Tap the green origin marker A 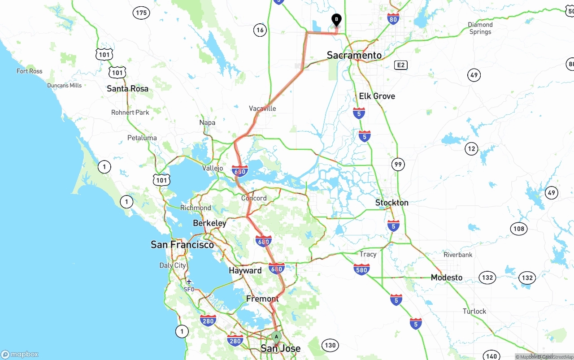click(x=277, y=337)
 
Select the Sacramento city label click(x=354, y=55)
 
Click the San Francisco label click(x=182, y=245)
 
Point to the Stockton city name click(x=391, y=203)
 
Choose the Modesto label click(x=446, y=278)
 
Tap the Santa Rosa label click(x=127, y=89)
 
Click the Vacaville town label click(x=262, y=108)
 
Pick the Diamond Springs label click(x=480, y=28)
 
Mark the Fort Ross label click(x=30, y=71)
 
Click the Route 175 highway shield click(x=141, y=13)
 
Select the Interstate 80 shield click(x=393, y=18)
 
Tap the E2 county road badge click(x=400, y=65)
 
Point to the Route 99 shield click(x=398, y=165)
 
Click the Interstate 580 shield click(x=361, y=269)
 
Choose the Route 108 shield click(x=518, y=229)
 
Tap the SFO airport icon click(x=189, y=282)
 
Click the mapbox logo click(x=20, y=354)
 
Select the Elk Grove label click(x=377, y=96)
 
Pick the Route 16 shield click(x=260, y=30)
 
